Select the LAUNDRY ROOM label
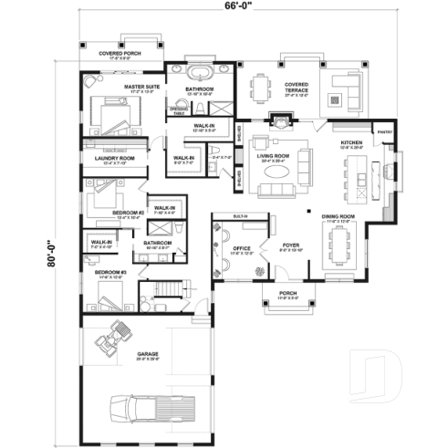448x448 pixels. pyautogui.click(x=115, y=159)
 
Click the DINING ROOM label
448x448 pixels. pyautogui.click(x=340, y=217)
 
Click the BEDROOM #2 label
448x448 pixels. pyautogui.click(x=129, y=213)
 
